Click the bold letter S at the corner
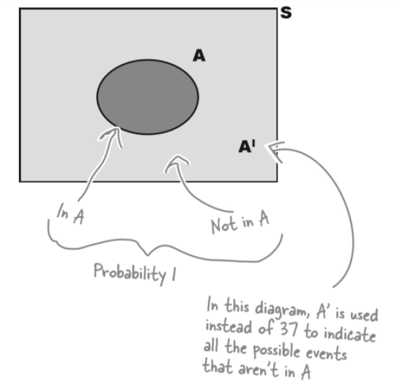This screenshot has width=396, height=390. click(x=285, y=12)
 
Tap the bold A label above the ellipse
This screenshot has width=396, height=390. click(x=199, y=56)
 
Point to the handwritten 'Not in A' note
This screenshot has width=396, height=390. click(x=239, y=224)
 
